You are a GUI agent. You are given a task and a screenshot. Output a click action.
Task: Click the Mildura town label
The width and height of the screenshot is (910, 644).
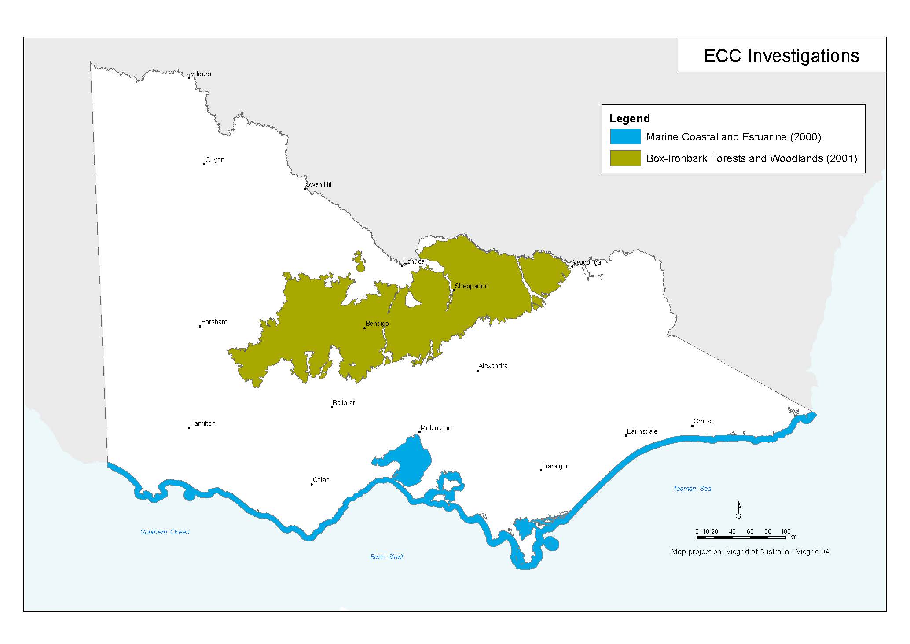(200, 74)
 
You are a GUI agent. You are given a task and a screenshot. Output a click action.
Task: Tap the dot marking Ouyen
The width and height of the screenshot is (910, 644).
(205, 164)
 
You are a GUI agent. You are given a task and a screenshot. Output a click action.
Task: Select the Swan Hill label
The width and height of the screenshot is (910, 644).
(319, 184)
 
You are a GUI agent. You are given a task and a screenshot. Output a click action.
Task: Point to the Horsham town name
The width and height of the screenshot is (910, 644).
(214, 322)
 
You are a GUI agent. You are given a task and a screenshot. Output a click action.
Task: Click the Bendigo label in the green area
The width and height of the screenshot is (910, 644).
(377, 324)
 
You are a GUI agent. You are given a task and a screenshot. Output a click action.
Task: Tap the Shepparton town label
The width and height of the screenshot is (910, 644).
(471, 286)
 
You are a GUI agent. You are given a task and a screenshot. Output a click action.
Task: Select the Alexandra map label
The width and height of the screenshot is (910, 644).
(493, 366)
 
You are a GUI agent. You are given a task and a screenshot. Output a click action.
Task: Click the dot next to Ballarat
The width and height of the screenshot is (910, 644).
(332, 407)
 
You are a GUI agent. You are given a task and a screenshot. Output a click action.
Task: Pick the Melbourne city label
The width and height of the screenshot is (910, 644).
(436, 428)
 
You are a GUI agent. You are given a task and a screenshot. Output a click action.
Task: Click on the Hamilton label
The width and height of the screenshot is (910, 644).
(202, 423)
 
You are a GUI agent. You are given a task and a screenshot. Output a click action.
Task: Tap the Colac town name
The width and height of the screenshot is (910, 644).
(321, 480)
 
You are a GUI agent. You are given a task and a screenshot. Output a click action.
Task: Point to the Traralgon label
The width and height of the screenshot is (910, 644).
(555, 466)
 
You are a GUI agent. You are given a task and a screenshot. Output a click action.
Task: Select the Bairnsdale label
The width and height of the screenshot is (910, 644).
(642, 431)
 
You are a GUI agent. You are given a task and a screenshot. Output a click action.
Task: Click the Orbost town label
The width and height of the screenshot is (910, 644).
(703, 421)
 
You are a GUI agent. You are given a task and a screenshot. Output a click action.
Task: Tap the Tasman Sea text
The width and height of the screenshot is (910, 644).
(692, 489)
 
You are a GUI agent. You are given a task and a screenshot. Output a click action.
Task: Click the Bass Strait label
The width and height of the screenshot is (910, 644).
(386, 557)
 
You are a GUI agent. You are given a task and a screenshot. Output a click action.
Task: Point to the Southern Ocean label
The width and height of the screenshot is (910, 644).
(165, 532)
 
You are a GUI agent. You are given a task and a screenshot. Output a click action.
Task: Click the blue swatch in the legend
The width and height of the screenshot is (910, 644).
(625, 137)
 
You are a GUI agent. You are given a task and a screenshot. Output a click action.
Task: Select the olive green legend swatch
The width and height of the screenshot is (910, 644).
(625, 158)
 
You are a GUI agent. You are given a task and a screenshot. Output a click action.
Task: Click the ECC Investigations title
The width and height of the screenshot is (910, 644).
(781, 56)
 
